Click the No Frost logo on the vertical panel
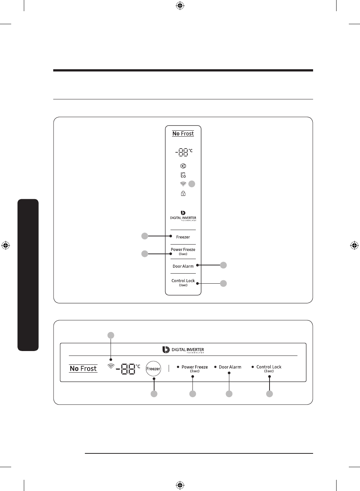(x=183, y=134)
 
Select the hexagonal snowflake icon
(x=183, y=166)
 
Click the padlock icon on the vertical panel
(x=183, y=194)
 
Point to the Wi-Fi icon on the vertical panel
(x=183, y=184)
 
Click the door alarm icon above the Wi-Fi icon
(x=183, y=175)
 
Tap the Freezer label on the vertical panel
(x=183, y=237)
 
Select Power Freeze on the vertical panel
(x=183, y=250)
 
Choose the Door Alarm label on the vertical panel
(x=183, y=267)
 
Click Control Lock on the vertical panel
(x=183, y=281)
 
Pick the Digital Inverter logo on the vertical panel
(x=183, y=216)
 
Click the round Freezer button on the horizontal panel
(x=153, y=369)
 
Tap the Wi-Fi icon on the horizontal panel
(x=111, y=366)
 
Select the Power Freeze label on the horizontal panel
(x=195, y=367)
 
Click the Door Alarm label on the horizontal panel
(x=230, y=367)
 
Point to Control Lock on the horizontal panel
(x=269, y=367)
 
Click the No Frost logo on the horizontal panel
(x=83, y=369)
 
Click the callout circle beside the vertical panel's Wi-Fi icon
(x=192, y=184)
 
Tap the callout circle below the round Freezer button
(x=154, y=394)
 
